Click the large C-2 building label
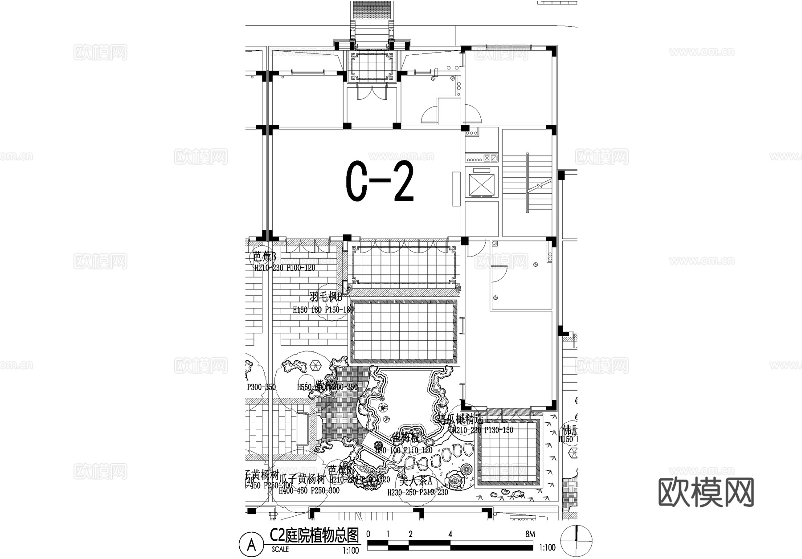pyautogui.click(x=380, y=182)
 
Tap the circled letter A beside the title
pyautogui.click(x=251, y=544)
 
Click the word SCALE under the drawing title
pyautogui.click(x=280, y=550)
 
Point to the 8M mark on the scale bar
pyautogui.click(x=530, y=534)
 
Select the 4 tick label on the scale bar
pyautogui.click(x=450, y=534)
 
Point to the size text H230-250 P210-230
pyautogui.click(x=417, y=493)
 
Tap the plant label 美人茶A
pyautogui.click(x=416, y=481)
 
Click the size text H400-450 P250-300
pyautogui.click(x=309, y=490)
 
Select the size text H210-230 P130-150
pyautogui.click(x=483, y=430)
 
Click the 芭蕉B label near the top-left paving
pyautogui.click(x=265, y=257)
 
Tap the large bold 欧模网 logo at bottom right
pyautogui.click(x=706, y=492)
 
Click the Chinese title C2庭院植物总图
pyautogui.click(x=314, y=535)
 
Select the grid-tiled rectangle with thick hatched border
pyautogui.click(x=404, y=331)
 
